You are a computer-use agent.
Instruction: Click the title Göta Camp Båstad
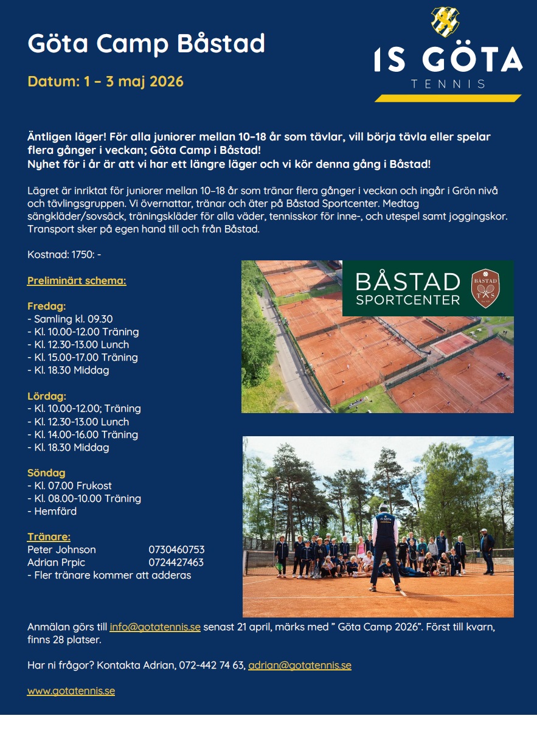(147, 44)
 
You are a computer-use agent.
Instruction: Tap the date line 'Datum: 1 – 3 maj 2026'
(105, 81)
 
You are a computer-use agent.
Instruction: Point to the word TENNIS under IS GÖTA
(448, 84)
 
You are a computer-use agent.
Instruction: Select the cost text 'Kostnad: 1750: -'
(64, 254)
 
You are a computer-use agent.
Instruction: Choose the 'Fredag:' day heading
(46, 306)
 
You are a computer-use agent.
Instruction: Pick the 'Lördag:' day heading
(47, 396)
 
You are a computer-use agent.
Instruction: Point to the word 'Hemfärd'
(55, 511)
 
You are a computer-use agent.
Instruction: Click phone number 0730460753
(176, 549)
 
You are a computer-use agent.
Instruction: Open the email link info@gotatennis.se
(155, 627)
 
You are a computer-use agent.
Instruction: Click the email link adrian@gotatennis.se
(300, 666)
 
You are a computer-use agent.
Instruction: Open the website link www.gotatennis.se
(71, 691)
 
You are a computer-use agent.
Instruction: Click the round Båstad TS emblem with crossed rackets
(485, 288)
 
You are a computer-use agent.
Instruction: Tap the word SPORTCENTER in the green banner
(408, 300)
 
